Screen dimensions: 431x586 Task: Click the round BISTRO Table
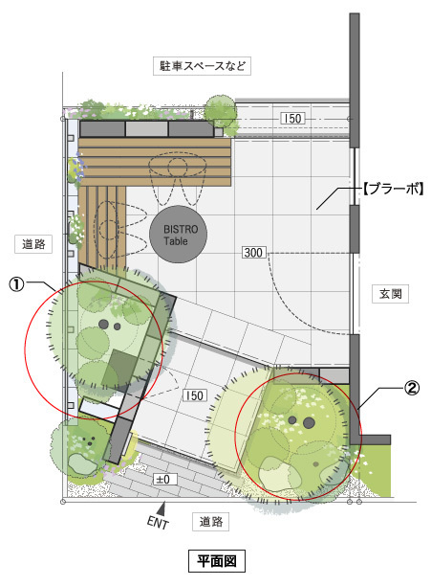click(x=178, y=235)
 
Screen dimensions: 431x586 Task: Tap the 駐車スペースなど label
click(x=202, y=66)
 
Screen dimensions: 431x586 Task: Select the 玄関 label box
click(x=390, y=294)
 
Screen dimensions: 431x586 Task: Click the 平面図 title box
click(x=217, y=560)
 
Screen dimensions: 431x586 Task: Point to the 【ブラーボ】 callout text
click(x=393, y=189)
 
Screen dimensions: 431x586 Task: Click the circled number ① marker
click(x=16, y=284)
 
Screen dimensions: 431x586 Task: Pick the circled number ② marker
click(x=412, y=389)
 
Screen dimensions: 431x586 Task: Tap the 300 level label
click(x=253, y=253)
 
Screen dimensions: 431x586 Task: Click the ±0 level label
click(x=164, y=479)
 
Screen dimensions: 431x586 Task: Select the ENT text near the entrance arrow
click(x=158, y=523)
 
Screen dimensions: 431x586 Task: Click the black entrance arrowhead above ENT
click(x=162, y=508)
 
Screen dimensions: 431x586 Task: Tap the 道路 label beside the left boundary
click(x=33, y=244)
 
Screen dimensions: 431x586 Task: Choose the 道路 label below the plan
click(x=210, y=522)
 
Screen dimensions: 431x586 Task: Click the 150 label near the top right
click(x=292, y=119)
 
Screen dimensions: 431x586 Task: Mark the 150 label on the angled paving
click(x=194, y=395)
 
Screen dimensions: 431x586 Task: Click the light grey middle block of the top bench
click(x=146, y=129)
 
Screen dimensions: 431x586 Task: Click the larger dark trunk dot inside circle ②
click(x=309, y=422)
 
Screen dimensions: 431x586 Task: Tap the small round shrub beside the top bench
click(x=221, y=110)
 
